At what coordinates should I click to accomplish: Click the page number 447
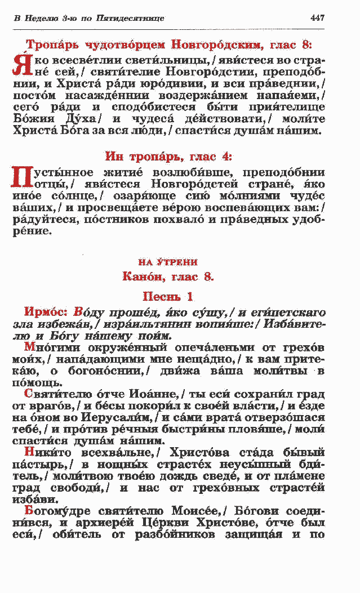pyautogui.click(x=317, y=18)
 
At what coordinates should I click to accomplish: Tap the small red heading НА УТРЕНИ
pyautogui.click(x=167, y=262)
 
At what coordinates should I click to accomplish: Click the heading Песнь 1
pyautogui.click(x=167, y=296)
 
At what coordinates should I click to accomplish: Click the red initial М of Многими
pyautogui.click(x=29, y=348)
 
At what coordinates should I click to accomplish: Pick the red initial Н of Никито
pyautogui.click(x=29, y=452)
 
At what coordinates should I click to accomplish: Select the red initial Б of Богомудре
pyautogui.click(x=29, y=511)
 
